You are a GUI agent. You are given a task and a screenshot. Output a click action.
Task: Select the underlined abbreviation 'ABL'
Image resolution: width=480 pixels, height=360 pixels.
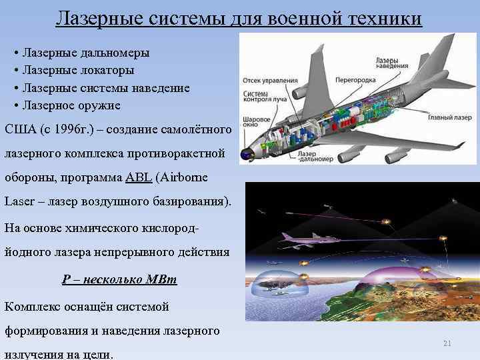point(135,178)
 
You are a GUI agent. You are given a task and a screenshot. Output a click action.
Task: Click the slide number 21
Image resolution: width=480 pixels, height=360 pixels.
point(447,343)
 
